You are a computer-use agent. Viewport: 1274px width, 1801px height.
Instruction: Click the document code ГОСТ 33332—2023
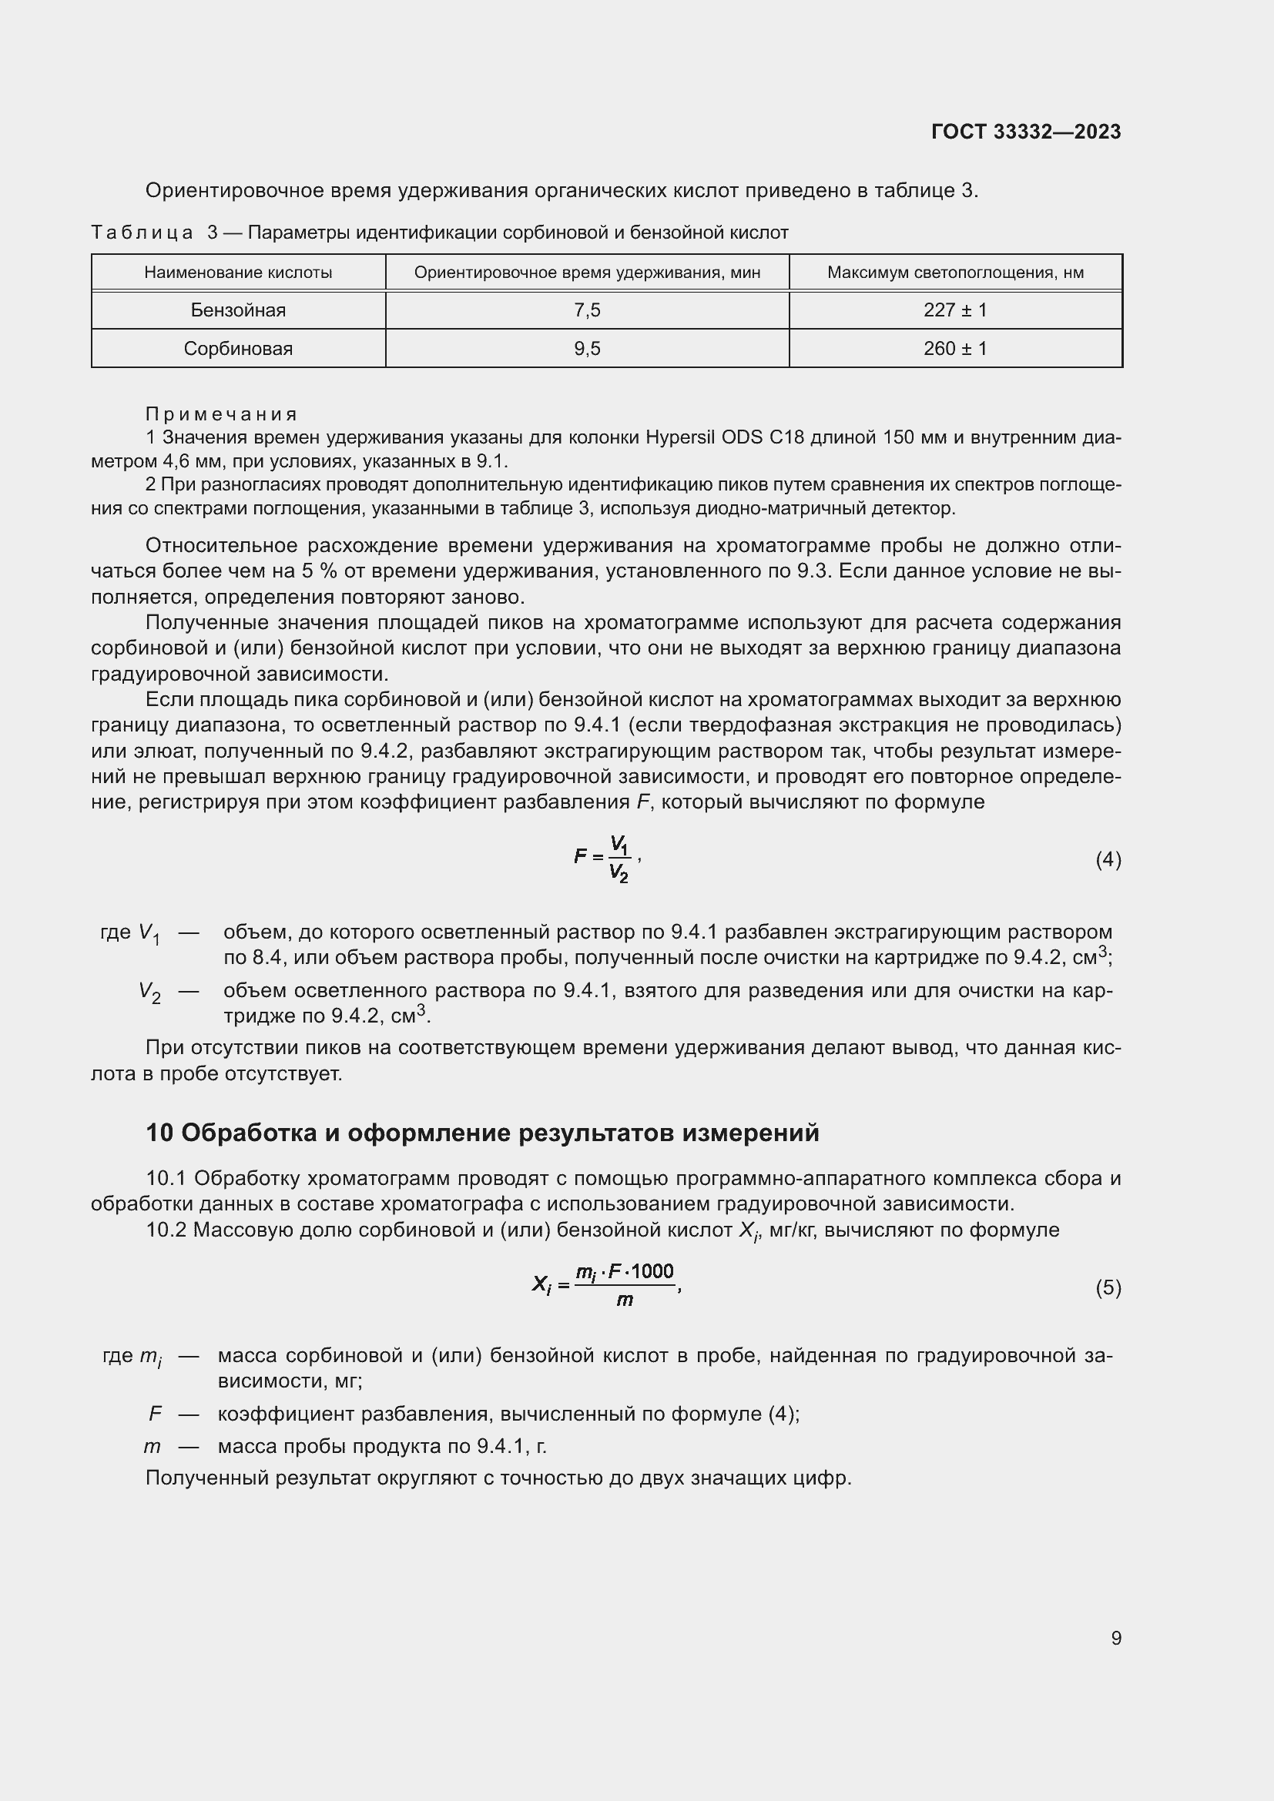pyautogui.click(x=1026, y=132)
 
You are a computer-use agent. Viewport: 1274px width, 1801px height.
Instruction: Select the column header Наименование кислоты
pyautogui.click(x=238, y=273)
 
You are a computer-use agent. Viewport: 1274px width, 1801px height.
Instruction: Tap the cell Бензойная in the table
pyautogui.click(x=238, y=310)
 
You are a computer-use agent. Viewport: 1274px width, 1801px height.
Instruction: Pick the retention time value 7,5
pyautogui.click(x=587, y=310)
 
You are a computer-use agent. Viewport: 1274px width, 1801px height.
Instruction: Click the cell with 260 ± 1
pyautogui.click(x=954, y=349)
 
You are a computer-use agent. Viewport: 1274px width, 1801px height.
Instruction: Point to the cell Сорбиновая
pyautogui.click(x=238, y=349)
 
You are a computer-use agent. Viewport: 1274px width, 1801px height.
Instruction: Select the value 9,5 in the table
pyautogui.click(x=587, y=349)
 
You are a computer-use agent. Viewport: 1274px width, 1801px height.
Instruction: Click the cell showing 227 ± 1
pyautogui.click(x=954, y=310)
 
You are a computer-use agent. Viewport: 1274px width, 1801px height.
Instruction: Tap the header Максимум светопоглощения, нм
pyautogui.click(x=954, y=273)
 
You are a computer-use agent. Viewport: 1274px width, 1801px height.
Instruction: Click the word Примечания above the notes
pyautogui.click(x=221, y=414)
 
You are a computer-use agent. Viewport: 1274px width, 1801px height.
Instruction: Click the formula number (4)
pyautogui.click(x=1108, y=861)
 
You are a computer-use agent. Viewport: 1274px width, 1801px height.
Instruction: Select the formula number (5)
pyautogui.click(x=1108, y=1288)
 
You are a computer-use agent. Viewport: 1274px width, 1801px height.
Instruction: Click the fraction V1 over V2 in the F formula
pyautogui.click(x=619, y=859)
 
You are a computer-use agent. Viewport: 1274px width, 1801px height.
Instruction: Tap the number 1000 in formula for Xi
pyautogui.click(x=652, y=1271)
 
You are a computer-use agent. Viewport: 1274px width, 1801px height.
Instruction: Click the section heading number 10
pyautogui.click(x=159, y=1133)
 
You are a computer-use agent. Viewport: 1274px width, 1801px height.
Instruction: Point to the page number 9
pyautogui.click(x=1115, y=1639)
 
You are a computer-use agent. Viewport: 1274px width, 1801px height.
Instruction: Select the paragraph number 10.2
pyautogui.click(x=166, y=1230)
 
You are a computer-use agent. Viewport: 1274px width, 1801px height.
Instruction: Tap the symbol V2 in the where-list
pyautogui.click(x=150, y=993)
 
